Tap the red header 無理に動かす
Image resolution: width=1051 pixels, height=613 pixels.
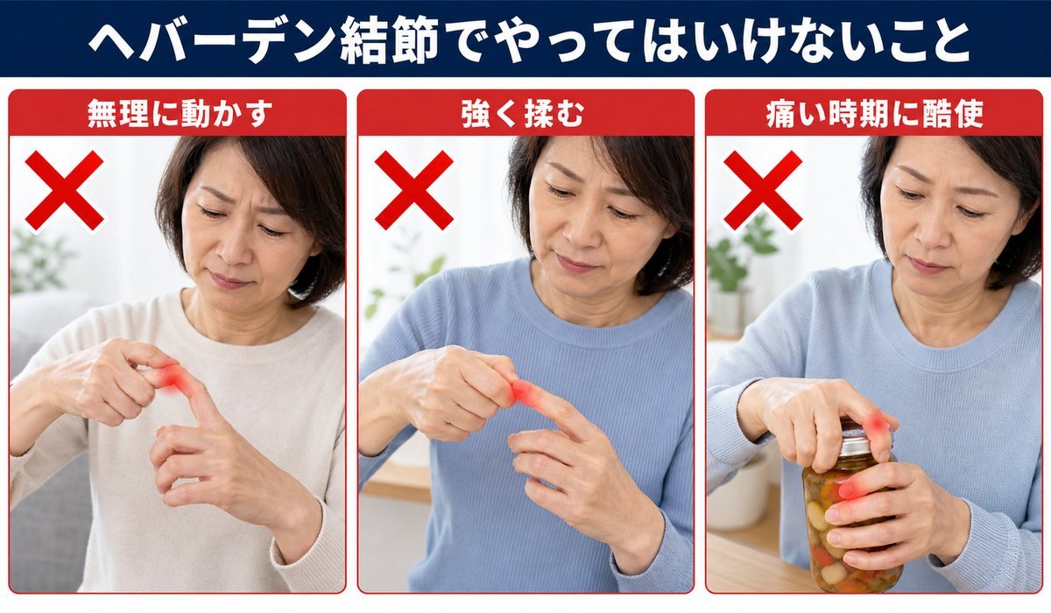pyautogui.click(x=180, y=114)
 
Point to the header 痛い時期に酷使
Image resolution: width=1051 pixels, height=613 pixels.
pyautogui.click(x=875, y=114)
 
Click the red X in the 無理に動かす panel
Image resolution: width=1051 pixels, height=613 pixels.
pyautogui.click(x=64, y=190)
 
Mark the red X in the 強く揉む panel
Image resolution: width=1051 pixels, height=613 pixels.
pyautogui.click(x=413, y=190)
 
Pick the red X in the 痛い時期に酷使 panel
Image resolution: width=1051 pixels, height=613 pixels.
pyautogui.click(x=763, y=190)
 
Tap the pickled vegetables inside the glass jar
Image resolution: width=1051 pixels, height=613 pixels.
pyautogui.click(x=844, y=530)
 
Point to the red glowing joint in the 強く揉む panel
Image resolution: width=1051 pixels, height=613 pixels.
pyautogui.click(x=522, y=391)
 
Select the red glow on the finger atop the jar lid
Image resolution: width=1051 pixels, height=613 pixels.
pyautogui.click(x=877, y=425)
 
